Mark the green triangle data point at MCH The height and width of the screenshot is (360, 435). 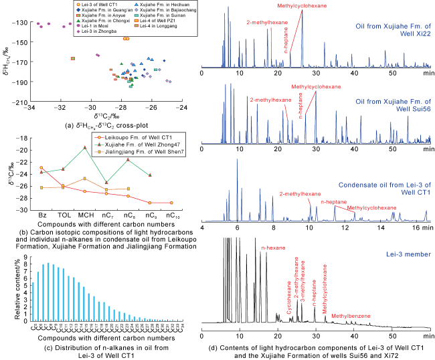click(84, 147)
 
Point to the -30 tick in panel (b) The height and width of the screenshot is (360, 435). click(29, 210)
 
